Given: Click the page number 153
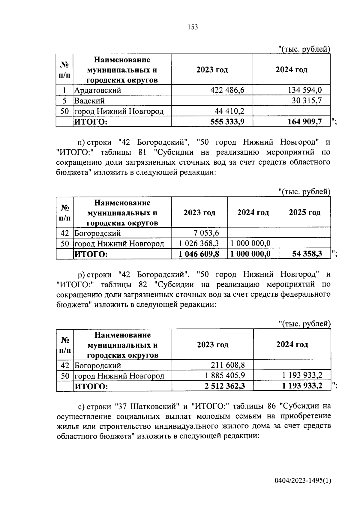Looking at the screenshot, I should click(x=193, y=27).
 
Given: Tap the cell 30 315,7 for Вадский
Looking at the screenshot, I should click(x=307, y=101).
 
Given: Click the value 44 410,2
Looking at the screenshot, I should click(x=229, y=111).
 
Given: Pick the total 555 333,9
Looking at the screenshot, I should click(x=227, y=122).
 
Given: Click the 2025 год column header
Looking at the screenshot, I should click(x=304, y=213).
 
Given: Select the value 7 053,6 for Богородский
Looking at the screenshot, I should click(x=206, y=233).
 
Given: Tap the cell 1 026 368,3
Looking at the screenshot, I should click(x=199, y=243).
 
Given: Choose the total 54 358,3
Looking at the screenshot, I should click(x=307, y=254).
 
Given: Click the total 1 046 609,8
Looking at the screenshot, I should click(x=199, y=254).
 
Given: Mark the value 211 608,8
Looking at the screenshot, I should click(x=228, y=365).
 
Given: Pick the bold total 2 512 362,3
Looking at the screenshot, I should click(x=225, y=386).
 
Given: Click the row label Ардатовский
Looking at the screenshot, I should click(x=97, y=90).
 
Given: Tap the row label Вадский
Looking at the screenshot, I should click(x=89, y=101).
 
